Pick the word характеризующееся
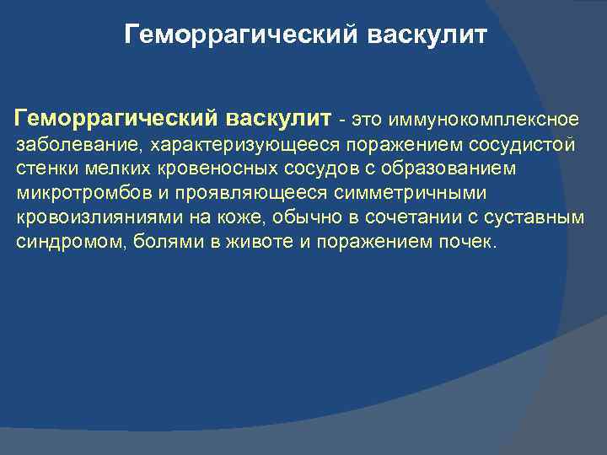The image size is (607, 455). [x=228, y=145]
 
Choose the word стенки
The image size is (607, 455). [x=46, y=169]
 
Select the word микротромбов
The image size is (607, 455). [x=76, y=194]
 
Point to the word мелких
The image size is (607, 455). [x=110, y=169]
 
